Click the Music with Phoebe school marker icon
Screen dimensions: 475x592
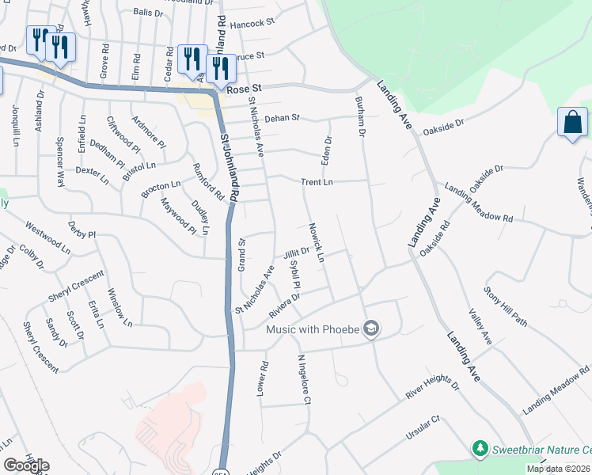(x=371, y=329)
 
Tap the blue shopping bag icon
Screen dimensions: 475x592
(x=571, y=123)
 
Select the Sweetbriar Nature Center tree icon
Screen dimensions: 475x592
(x=479, y=449)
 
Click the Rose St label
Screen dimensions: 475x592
(x=244, y=91)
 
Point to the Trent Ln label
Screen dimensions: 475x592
(x=317, y=182)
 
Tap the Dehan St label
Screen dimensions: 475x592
(x=283, y=118)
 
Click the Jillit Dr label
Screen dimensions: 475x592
(x=296, y=254)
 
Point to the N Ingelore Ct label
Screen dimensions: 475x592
(x=302, y=379)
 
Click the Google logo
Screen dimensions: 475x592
(x=26, y=465)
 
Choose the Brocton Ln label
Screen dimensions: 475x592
(x=161, y=189)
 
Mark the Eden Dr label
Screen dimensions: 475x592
(x=327, y=147)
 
